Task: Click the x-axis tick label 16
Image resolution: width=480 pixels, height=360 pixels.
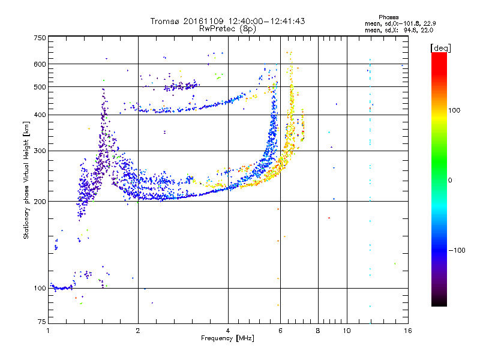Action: pyautogui.click(x=407, y=331)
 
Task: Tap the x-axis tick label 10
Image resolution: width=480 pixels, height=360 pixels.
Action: pyautogui.click(x=347, y=331)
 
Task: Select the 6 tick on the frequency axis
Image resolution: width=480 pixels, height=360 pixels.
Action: pyautogui.click(x=280, y=331)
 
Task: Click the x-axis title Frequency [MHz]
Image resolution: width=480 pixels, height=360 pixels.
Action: pyautogui.click(x=228, y=339)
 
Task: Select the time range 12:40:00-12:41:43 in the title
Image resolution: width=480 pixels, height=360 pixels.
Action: pyautogui.click(x=262, y=21)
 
